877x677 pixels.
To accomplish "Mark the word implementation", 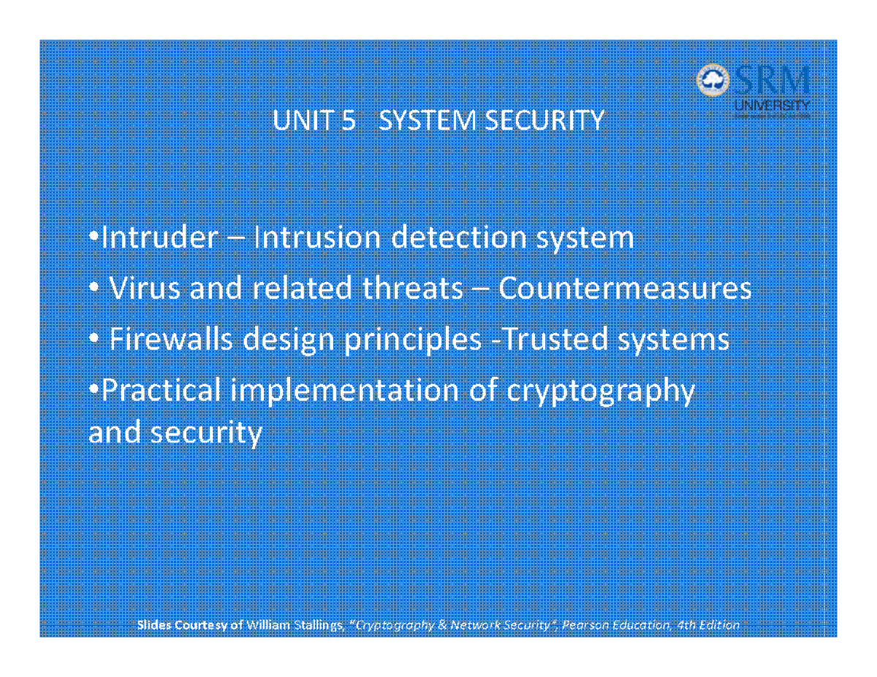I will (x=343, y=392).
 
